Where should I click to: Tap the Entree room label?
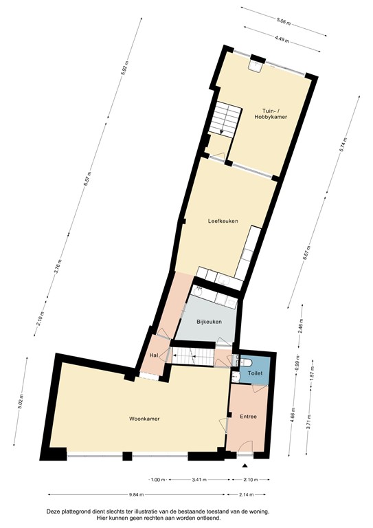tap(247, 417)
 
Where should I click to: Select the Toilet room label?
tap(255, 373)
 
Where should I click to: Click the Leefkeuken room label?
tap(223, 221)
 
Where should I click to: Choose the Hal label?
tap(154, 355)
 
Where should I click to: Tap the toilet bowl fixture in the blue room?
tap(249, 362)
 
